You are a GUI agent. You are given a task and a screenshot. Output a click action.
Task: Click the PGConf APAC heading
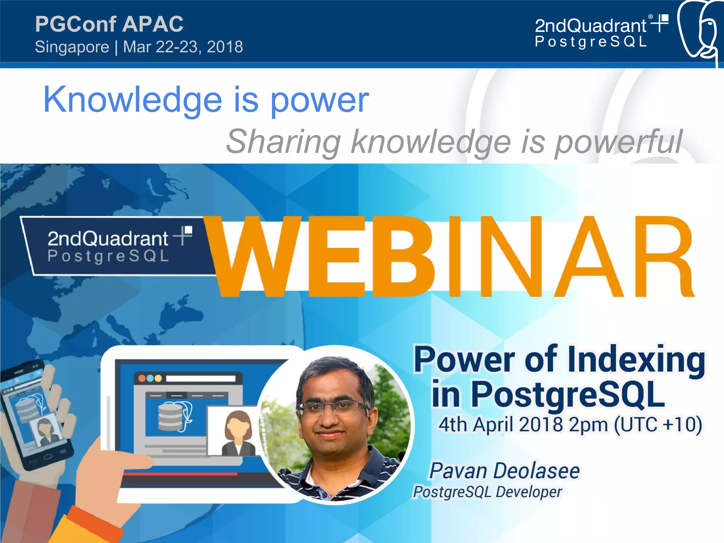[x=109, y=24]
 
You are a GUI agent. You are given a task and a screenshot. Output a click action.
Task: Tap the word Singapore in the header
[x=72, y=47]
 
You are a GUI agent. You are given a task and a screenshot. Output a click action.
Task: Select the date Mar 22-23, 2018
[x=183, y=47]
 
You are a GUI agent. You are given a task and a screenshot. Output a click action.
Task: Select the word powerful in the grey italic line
[x=619, y=142]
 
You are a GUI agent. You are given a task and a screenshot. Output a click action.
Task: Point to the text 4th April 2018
[x=500, y=425]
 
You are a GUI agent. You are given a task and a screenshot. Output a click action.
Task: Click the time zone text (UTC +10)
[x=658, y=425]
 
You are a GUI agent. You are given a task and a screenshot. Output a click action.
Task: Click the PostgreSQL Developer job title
[x=488, y=492]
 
